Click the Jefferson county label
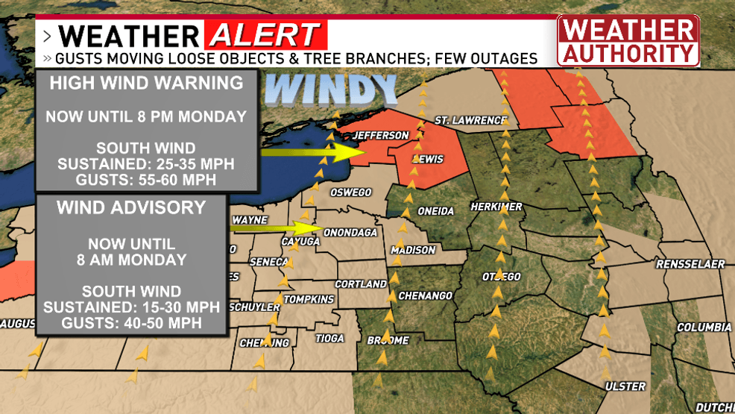click(380, 135)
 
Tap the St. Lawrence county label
click(470, 119)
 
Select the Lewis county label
click(427, 159)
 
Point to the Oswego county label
click(350, 192)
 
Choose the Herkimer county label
click(496, 206)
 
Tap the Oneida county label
click(435, 211)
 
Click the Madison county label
click(413, 250)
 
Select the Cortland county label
click(361, 284)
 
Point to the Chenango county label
click(425, 295)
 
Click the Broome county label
click(388, 340)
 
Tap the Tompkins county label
click(309, 299)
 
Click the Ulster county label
click(625, 386)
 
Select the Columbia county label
click(704, 327)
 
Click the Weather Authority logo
click(628, 41)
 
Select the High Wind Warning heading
click(146, 83)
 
